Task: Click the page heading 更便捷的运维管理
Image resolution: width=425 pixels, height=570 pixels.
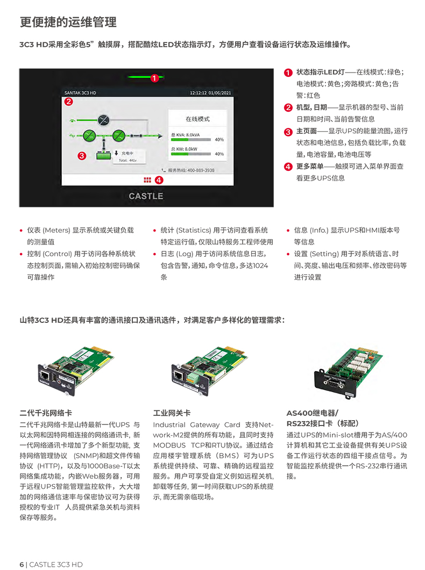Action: [68, 22]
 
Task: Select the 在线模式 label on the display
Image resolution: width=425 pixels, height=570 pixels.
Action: [197, 119]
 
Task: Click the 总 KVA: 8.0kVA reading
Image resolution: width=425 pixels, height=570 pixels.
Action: [186, 134]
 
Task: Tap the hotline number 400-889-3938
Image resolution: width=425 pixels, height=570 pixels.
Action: [194, 170]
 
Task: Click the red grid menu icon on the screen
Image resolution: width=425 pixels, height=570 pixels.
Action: [147, 180]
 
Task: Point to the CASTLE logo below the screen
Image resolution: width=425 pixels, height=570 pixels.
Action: [146, 196]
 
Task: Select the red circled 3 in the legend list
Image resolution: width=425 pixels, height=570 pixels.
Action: [288, 131]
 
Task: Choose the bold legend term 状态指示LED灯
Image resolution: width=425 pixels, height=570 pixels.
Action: [320, 72]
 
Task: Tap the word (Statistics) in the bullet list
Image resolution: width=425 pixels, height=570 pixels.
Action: [194, 230]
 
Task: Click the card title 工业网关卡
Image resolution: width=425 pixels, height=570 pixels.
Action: [172, 413]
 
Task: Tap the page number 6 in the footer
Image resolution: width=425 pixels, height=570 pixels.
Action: [22, 564]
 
